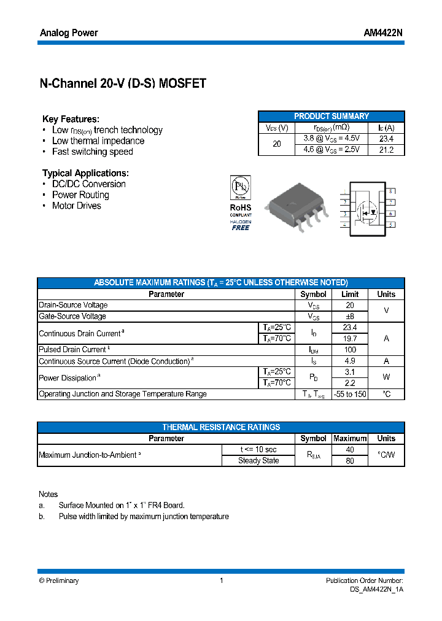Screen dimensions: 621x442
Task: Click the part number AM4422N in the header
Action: (x=383, y=33)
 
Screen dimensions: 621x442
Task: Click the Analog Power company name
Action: (x=69, y=33)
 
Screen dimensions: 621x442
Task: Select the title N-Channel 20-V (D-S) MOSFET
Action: (x=123, y=84)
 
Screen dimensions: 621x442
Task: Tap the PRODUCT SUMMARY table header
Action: (x=331, y=116)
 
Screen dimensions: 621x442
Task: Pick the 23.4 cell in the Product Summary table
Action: (x=386, y=139)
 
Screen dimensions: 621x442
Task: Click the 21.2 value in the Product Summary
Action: (x=386, y=150)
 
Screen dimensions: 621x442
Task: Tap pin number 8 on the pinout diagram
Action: (x=390, y=192)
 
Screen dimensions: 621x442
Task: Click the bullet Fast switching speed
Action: (x=92, y=152)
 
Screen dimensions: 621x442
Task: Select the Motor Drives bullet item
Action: (x=76, y=206)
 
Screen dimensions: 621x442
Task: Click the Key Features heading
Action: (x=71, y=119)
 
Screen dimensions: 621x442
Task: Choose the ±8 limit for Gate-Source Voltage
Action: (x=350, y=317)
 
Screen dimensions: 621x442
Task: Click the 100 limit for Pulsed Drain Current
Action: (x=350, y=350)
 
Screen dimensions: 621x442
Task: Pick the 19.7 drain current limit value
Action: (x=350, y=339)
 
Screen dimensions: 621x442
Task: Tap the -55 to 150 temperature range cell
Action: (x=350, y=394)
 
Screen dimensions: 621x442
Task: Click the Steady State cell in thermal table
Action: (x=258, y=461)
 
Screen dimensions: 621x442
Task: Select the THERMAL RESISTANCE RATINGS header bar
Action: (x=221, y=427)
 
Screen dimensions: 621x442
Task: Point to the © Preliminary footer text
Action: (x=59, y=580)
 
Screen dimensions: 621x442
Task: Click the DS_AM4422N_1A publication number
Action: (x=373, y=589)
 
